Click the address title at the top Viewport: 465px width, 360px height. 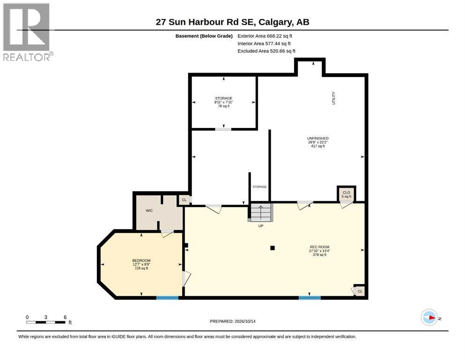point(232,22)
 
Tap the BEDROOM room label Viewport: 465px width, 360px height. point(141,264)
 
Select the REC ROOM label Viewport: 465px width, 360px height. point(319,251)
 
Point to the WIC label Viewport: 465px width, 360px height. point(149,211)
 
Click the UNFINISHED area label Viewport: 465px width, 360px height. point(317,142)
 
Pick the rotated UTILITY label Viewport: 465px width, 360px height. point(333,98)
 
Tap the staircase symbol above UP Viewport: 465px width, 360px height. point(261,212)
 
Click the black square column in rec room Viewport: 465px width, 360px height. point(273,248)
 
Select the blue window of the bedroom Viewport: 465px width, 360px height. point(167,298)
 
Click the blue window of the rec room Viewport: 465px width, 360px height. point(310,298)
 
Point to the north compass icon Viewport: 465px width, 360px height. point(429,317)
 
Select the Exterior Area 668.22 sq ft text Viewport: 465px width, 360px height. point(265,36)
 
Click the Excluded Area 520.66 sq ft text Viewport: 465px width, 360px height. point(266,51)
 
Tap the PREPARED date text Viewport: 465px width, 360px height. point(232,321)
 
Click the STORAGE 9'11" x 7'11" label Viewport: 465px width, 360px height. point(224,102)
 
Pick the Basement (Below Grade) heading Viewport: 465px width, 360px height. point(204,36)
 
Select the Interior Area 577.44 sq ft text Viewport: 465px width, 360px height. point(264,44)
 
